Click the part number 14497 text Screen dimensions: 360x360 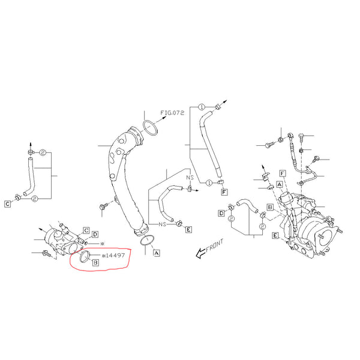pyautogui.click(x=114, y=254)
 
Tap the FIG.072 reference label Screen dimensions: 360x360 pyautogui.click(x=172, y=112)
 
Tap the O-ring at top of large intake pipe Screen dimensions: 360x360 pyautogui.click(x=150, y=128)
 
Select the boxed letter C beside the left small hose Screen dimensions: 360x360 pyautogui.click(x=8, y=204)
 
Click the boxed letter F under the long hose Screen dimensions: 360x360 pyautogui.click(x=224, y=192)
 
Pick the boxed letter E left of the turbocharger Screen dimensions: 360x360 pyautogui.click(x=274, y=236)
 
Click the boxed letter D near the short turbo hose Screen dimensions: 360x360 pyautogui.click(x=221, y=213)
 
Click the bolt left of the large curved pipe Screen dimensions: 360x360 pyautogui.click(x=103, y=206)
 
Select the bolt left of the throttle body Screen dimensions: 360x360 pyautogui.click(x=47, y=254)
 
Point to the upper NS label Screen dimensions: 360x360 pyautogui.click(x=188, y=178)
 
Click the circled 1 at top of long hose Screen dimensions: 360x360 pyautogui.click(x=202, y=107)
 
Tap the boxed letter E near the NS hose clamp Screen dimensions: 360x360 pyautogui.click(x=188, y=229)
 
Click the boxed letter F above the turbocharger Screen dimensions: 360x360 pyautogui.click(x=281, y=173)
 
